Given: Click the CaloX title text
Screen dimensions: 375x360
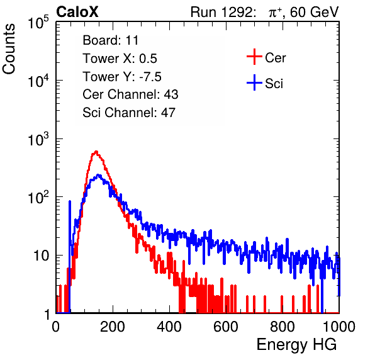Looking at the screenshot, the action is [x=77, y=12].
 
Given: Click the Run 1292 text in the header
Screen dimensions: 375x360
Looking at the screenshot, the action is [x=221, y=12].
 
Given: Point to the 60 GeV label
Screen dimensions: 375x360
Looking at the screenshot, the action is [x=314, y=12].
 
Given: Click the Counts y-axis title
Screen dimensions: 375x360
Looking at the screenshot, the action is [x=9, y=49].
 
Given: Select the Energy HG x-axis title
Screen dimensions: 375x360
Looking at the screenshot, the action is [x=296, y=345].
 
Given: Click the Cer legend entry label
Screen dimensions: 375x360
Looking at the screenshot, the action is [x=275, y=58].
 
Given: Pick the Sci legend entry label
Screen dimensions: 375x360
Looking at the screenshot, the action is [x=274, y=84].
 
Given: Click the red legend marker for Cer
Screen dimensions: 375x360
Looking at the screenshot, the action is [x=254, y=57].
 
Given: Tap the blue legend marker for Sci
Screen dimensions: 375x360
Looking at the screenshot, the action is [x=254, y=82].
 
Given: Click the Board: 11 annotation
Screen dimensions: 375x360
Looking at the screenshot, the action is [x=111, y=40].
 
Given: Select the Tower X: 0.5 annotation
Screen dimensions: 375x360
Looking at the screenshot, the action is [x=120, y=59].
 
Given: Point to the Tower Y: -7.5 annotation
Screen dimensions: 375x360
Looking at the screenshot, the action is [x=122, y=77].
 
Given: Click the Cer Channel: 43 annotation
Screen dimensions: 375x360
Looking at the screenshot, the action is [x=130, y=94].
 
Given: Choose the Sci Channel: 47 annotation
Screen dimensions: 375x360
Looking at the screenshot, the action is [x=129, y=113].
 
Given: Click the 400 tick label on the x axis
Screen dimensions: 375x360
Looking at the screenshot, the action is [x=169, y=327].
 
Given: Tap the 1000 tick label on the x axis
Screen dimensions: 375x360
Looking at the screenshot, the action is [x=339, y=327].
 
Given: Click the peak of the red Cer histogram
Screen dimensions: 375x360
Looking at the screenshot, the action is [x=96, y=152].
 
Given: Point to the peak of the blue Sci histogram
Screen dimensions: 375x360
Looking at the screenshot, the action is [x=98, y=175].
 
